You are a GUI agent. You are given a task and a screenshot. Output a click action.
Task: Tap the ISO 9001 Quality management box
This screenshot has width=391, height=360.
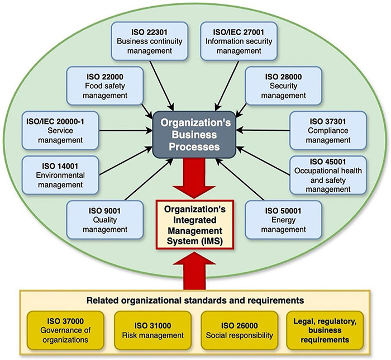100,217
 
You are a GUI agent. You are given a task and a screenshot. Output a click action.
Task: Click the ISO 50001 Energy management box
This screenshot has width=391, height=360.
284,217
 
